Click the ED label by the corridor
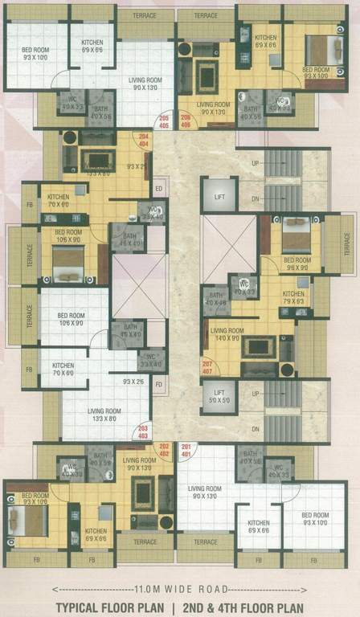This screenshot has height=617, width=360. click(158, 190)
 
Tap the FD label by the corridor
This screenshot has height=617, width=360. click(158, 383)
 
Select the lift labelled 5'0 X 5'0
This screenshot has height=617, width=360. click(219, 396)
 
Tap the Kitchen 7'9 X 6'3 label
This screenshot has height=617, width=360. click(292, 298)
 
